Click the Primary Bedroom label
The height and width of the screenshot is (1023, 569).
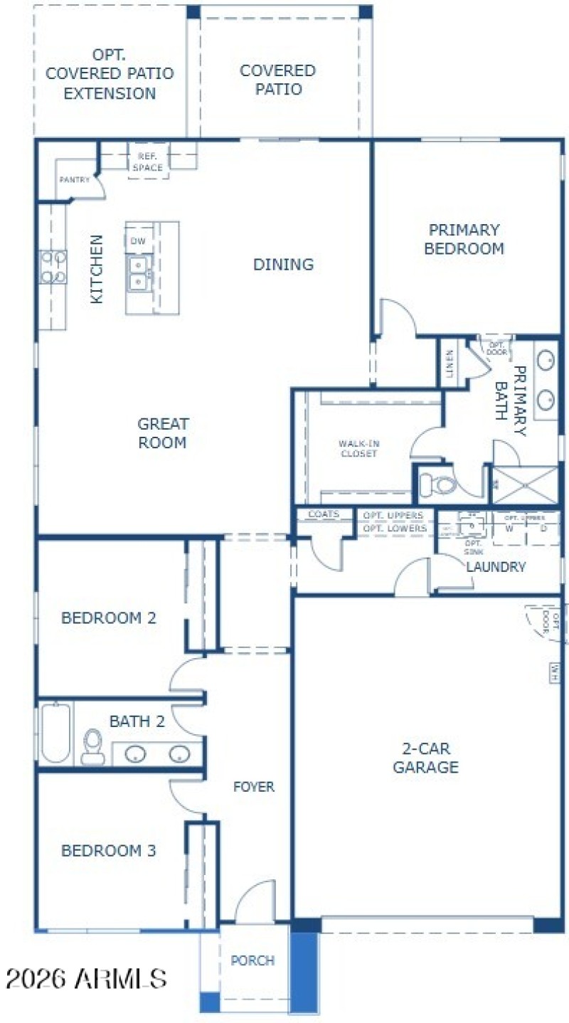tap(464, 240)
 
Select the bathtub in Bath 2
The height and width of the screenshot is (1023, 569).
tap(55, 733)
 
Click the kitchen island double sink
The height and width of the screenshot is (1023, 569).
tap(139, 272)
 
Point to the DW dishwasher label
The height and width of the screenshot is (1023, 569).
tap(138, 242)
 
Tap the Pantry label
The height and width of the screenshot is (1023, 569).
tap(74, 180)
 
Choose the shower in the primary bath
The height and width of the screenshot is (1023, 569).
tap(526, 485)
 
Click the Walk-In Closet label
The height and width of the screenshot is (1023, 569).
tap(357, 449)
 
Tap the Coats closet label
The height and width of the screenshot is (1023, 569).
tap(324, 514)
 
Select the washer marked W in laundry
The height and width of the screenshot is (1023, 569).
tap(509, 529)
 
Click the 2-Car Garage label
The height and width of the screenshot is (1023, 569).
tap(426, 758)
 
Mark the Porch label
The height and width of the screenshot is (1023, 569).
tap(252, 960)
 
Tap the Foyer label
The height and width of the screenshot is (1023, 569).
tap(254, 787)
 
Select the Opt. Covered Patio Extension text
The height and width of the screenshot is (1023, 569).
tap(110, 74)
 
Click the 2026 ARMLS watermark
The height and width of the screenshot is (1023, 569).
tap(85, 979)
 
